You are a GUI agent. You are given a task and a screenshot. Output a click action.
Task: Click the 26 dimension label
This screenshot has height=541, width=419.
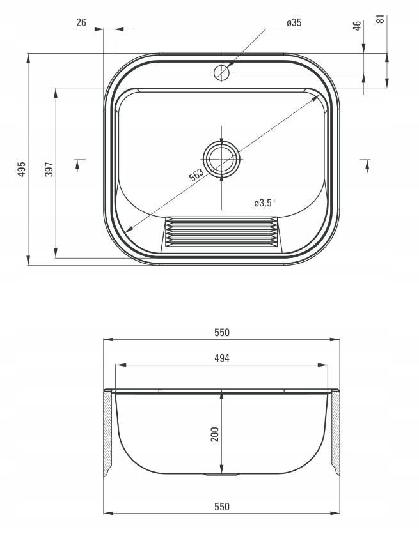coord(81,23)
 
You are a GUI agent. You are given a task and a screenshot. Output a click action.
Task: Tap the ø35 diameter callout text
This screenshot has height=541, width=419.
coord(294,23)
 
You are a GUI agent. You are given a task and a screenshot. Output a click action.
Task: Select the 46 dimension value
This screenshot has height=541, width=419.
coord(357,26)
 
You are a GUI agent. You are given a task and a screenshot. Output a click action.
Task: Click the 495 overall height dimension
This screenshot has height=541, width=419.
coord(22,169)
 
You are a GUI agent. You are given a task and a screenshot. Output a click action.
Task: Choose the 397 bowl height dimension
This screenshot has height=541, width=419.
coord(49,169)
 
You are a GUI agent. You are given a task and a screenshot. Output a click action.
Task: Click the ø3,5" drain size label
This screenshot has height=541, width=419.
coord(265,203)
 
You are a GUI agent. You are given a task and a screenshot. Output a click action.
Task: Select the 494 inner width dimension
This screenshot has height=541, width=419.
coord(222,358)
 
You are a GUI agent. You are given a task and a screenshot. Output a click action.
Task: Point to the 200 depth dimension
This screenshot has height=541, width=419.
coord(215,434)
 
